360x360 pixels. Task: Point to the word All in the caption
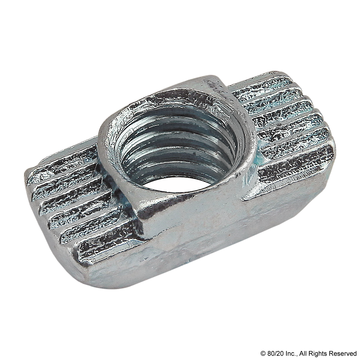298,353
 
